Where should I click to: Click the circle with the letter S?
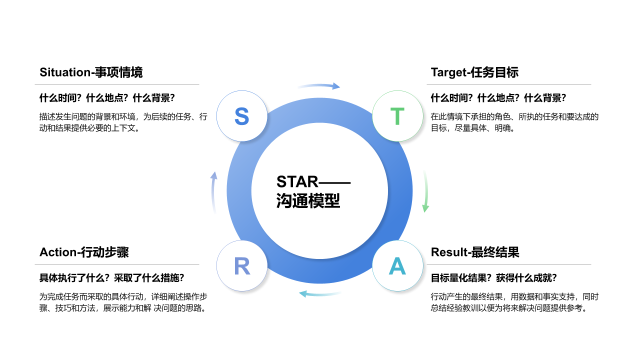point(241,116)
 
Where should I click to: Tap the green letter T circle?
point(397,116)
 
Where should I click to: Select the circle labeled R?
point(242,266)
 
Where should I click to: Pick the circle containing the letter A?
point(397,266)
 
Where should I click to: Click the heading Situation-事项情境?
point(91,72)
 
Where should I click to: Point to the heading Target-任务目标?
point(474,72)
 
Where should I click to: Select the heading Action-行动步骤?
point(84,252)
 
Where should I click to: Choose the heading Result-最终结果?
point(475,252)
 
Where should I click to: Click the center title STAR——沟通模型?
point(313,191)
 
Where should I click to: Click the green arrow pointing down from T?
point(425,191)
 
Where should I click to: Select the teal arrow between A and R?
point(320,293)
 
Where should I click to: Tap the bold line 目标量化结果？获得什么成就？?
point(493,278)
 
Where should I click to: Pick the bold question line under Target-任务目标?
point(498,98)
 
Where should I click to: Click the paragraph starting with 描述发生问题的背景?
point(123,122)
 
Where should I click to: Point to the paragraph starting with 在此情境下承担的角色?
point(514,122)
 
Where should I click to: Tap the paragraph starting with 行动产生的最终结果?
point(514,302)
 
